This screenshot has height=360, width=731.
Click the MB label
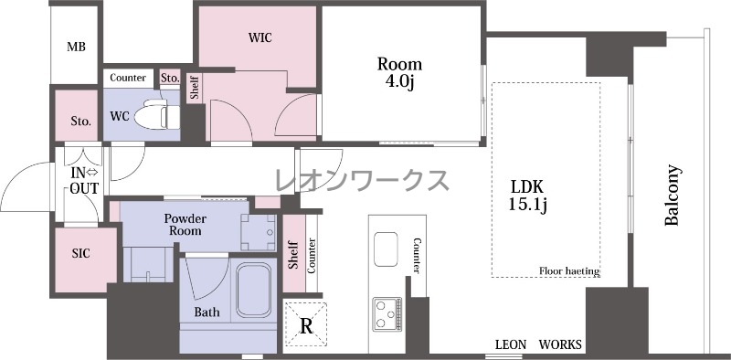pos(76,47)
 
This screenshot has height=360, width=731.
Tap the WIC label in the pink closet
pos(260,37)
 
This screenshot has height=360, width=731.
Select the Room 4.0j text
pos(399,72)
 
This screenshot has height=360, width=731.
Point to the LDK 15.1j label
pos(527,195)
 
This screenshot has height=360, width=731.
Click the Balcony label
pos(672,195)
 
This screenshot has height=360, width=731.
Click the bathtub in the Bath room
pos(253,290)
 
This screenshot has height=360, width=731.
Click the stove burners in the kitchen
pos(387,313)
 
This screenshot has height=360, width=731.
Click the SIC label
pos(80,254)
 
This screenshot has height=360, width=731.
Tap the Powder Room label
pos(185,225)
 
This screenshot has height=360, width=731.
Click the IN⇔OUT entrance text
pos(84,181)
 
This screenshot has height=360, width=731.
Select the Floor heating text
pos(568,271)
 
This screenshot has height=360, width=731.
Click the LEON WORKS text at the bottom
pos(538,344)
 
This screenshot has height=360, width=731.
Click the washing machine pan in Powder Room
pos(259,232)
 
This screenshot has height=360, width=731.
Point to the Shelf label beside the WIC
pos(195,88)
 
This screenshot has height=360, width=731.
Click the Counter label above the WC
pos(128,78)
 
